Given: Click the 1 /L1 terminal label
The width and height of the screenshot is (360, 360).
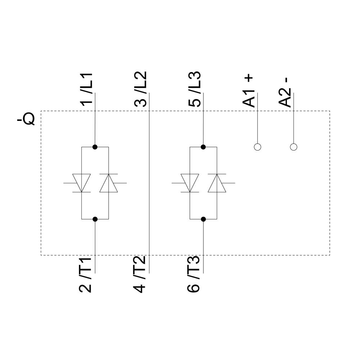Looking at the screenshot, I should tap(86, 89).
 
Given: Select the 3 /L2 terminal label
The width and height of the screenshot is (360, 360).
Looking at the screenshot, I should tap(141, 89).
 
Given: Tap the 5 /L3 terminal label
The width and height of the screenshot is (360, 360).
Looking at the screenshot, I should tap(195, 89).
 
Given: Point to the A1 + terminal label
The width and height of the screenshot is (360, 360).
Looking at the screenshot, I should tap(249, 91).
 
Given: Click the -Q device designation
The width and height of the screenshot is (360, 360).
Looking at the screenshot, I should tap(26, 119).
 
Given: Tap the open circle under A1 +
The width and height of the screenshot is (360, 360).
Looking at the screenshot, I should tap(257, 147).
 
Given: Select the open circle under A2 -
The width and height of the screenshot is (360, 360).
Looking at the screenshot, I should tap(294, 147).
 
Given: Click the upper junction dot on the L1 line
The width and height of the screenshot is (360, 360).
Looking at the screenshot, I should tap(95, 147).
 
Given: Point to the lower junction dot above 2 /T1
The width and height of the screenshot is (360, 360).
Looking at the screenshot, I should tap(95, 219).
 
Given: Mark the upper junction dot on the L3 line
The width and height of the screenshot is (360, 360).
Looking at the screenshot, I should tap(203, 147).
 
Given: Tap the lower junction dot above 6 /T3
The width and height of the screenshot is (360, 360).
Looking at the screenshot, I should tap(203, 219).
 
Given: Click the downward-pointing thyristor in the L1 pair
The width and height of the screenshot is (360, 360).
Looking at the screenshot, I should tap(81, 183).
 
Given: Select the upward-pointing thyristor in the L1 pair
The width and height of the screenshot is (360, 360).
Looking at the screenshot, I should tap(109, 183).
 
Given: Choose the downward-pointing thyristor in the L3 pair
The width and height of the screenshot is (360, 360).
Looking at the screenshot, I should tap(190, 183).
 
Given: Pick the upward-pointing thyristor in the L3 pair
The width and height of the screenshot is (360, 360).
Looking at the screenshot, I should tap(217, 183).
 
